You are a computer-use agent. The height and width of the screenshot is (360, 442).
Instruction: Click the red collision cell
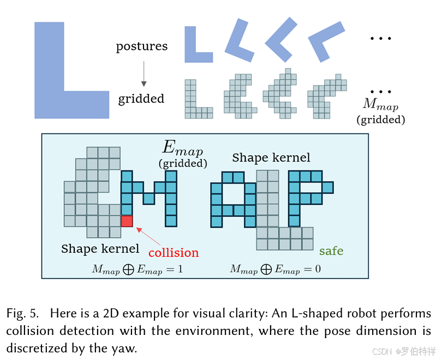click(x=127, y=221)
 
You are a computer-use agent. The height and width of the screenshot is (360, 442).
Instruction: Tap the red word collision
click(x=174, y=252)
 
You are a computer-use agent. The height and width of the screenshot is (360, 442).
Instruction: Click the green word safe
click(x=331, y=251)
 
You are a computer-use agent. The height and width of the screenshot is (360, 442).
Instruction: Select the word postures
click(x=141, y=46)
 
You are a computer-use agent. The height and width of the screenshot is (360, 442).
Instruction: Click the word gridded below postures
click(x=141, y=99)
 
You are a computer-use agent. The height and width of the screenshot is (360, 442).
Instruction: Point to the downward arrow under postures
click(x=144, y=74)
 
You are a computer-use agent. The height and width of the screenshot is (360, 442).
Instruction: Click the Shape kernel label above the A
click(x=271, y=158)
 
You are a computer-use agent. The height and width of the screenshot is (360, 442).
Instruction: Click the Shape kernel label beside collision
click(x=100, y=249)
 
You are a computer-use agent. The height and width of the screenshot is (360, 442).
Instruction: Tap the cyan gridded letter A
click(x=233, y=199)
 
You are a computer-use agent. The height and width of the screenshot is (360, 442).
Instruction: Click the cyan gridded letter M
click(x=149, y=198)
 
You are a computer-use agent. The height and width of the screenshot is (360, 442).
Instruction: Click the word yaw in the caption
click(x=126, y=348)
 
